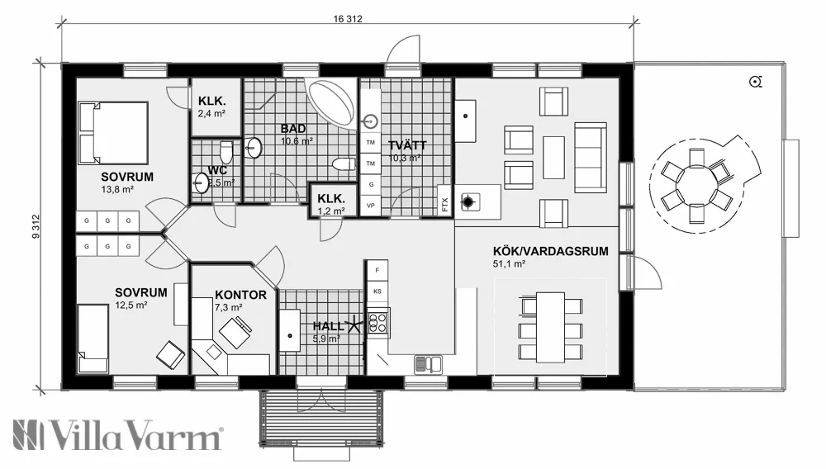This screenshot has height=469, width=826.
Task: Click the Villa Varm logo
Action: click(x=117, y=434)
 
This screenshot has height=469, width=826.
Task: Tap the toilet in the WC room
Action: click(x=225, y=151)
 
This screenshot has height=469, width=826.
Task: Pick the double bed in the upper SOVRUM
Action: click(x=112, y=132)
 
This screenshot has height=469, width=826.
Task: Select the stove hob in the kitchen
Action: click(x=378, y=321)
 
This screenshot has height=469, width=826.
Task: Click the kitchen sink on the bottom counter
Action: click(x=430, y=362)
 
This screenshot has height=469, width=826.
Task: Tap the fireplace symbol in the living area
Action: click(x=469, y=200)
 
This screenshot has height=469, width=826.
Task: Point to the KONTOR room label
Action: click(x=240, y=295)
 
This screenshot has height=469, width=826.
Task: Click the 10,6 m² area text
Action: click(x=297, y=141)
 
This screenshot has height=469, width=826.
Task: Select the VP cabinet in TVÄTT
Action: click(x=371, y=204)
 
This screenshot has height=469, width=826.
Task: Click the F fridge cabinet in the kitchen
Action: click(x=377, y=270)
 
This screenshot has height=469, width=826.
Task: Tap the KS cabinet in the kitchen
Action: click(x=377, y=291)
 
